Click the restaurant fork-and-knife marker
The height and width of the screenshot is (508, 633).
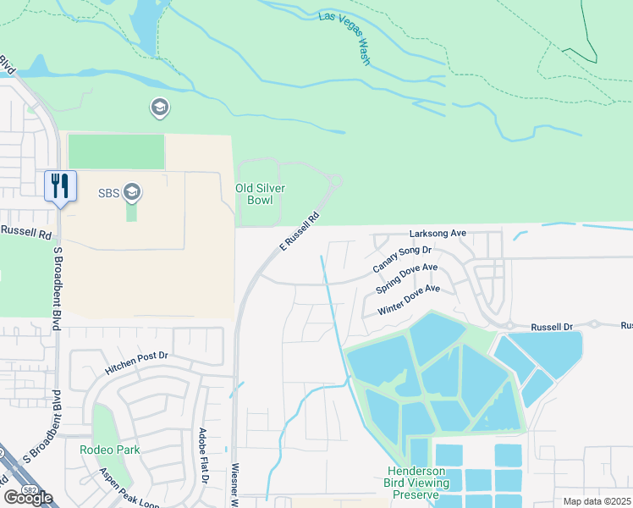[x=60, y=185]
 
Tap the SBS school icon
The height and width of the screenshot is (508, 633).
[x=131, y=193]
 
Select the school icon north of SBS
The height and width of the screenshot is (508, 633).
[x=158, y=108]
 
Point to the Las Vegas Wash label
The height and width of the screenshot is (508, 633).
[x=346, y=39]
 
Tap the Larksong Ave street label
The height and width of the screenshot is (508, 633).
[x=438, y=233]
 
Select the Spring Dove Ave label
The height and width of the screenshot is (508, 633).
[x=407, y=279]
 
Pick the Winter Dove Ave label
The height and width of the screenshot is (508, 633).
[x=410, y=300]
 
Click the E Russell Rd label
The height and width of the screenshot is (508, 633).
[x=300, y=231]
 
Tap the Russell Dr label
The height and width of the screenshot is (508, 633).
[x=552, y=326]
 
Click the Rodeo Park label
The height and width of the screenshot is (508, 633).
[x=110, y=450]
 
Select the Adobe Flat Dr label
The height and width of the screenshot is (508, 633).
[x=203, y=456]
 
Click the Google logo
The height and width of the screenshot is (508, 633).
[x=28, y=497]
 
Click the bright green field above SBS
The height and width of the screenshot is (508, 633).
[x=116, y=152]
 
